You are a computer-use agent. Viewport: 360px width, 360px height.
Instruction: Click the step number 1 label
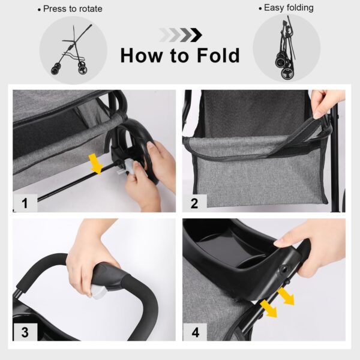[x=25, y=203]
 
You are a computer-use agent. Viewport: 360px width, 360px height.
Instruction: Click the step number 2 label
[x=194, y=203]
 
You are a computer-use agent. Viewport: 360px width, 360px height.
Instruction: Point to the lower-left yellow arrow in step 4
[x=268, y=307]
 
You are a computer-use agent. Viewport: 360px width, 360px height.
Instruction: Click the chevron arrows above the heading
[x=181, y=35]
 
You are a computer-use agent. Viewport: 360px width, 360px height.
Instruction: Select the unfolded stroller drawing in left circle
[x=72, y=51]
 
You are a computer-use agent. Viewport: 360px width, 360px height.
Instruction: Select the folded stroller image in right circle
[x=286, y=51]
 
